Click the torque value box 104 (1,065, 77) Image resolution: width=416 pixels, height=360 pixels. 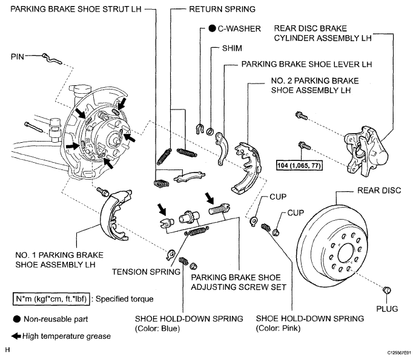tap(299, 166)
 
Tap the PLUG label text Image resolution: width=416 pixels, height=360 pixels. tap(387, 309)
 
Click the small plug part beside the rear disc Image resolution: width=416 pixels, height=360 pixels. tap(387, 290)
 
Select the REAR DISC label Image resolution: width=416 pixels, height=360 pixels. tap(379, 191)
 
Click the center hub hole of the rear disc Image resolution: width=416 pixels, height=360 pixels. tap(346, 253)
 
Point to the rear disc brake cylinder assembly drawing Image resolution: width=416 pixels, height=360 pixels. tap(366, 151)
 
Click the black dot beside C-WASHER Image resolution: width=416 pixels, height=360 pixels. tap(212, 28)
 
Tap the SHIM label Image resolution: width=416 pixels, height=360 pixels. tap(232, 48)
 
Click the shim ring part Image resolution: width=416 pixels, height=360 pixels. tap(210, 131)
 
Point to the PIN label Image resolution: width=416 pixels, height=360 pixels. tap(17, 57)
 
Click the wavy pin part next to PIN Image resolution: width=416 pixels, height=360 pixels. tap(52, 59)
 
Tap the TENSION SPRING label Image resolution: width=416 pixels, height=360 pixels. tap(146, 272)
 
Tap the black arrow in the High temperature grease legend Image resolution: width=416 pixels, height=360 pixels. tap(16, 336)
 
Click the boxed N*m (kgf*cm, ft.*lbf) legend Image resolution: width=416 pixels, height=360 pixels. tap(51, 299)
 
